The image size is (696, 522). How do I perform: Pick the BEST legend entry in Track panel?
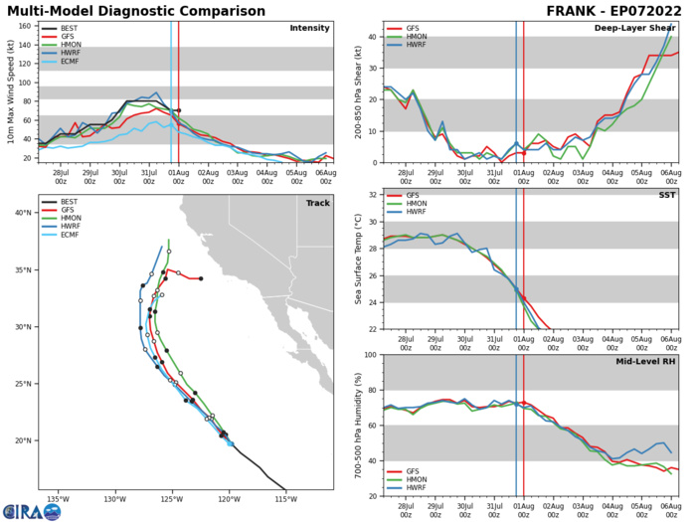coord(69,202)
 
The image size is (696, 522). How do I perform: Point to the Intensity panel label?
coord(309,28)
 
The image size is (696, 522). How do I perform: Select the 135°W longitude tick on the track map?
coord(58,499)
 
